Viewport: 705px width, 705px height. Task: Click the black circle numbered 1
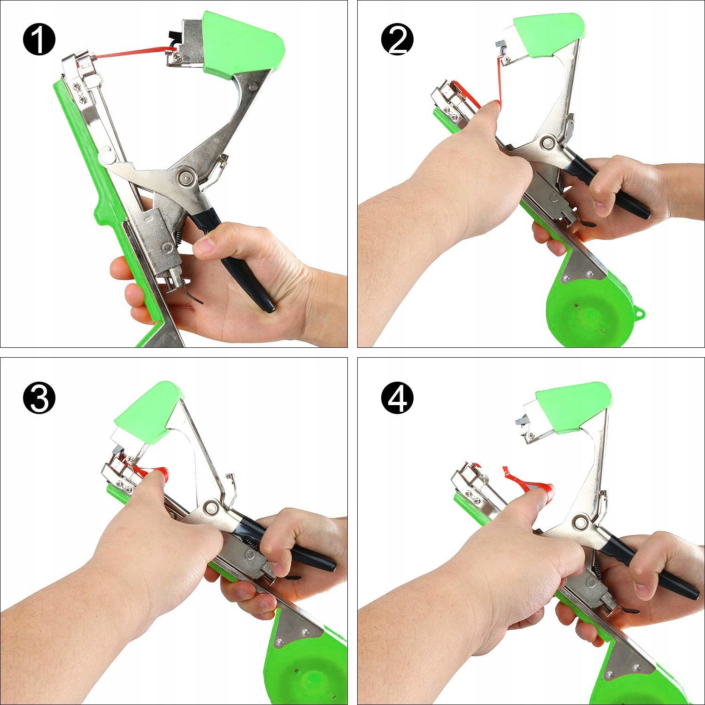[39, 39]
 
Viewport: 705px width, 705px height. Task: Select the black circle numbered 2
[398, 39]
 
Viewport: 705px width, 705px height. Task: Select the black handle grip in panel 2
[611, 188]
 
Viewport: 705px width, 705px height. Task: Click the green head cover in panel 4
[574, 408]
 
